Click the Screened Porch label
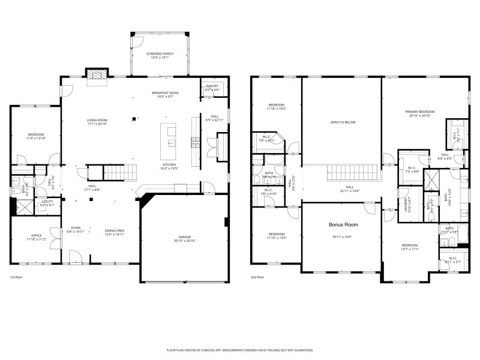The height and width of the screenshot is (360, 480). click(160, 54)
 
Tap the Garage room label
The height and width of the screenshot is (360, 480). click(184, 237)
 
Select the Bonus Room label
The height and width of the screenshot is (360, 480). click(343, 224)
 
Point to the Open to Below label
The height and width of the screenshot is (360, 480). click(343, 122)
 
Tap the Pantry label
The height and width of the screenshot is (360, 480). click(212, 86)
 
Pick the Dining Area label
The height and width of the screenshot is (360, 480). click(115, 230)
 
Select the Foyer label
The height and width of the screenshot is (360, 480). click(76, 228)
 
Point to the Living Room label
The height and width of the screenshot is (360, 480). click(97, 121)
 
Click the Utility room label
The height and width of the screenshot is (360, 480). click(47, 203)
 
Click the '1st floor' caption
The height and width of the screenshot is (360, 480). click(16, 277)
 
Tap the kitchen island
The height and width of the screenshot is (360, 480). click(170, 137)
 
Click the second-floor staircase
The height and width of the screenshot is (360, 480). click(354, 173)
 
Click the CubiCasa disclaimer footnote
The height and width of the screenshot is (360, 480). click(239, 349)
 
